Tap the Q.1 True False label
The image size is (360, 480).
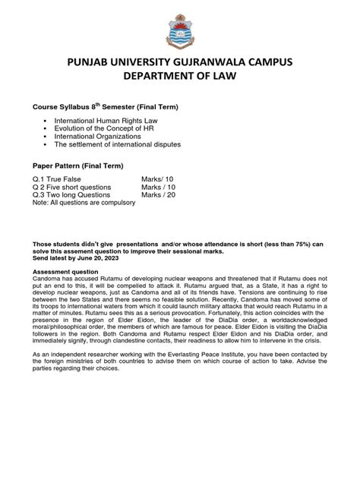coord(60,179)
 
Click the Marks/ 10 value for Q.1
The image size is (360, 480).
coord(158,179)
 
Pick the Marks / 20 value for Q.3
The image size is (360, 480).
coord(159,194)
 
